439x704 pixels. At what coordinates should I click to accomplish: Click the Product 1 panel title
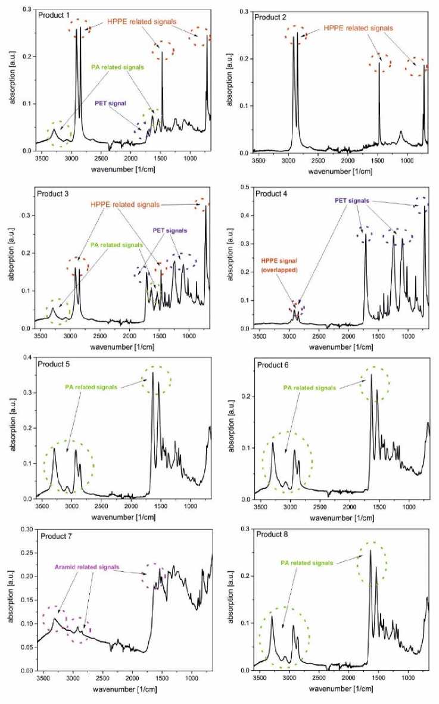pos(54,14)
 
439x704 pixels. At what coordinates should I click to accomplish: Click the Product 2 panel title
pos(272,16)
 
